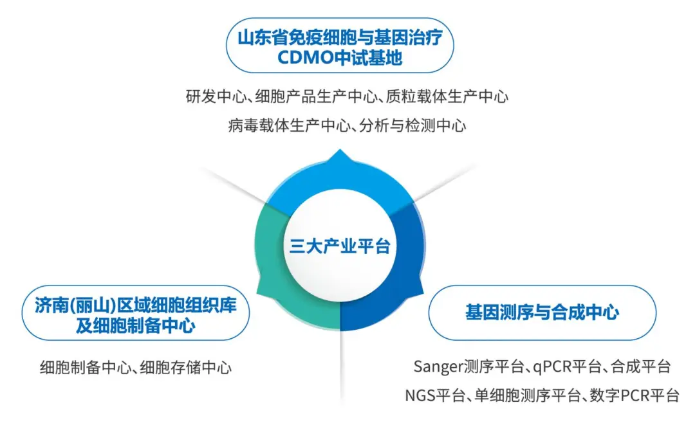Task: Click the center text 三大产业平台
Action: [340, 246]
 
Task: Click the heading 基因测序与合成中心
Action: [542, 312]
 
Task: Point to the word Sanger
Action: [438, 366]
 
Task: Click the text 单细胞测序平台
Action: [528, 395]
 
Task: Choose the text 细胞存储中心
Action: [186, 367]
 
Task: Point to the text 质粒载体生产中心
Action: [447, 96]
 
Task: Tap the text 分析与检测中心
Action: [412, 126]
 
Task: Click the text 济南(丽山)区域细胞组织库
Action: [136, 305]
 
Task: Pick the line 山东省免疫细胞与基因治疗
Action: [340, 38]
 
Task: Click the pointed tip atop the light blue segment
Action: [340, 150]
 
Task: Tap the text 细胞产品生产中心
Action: [316, 96]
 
